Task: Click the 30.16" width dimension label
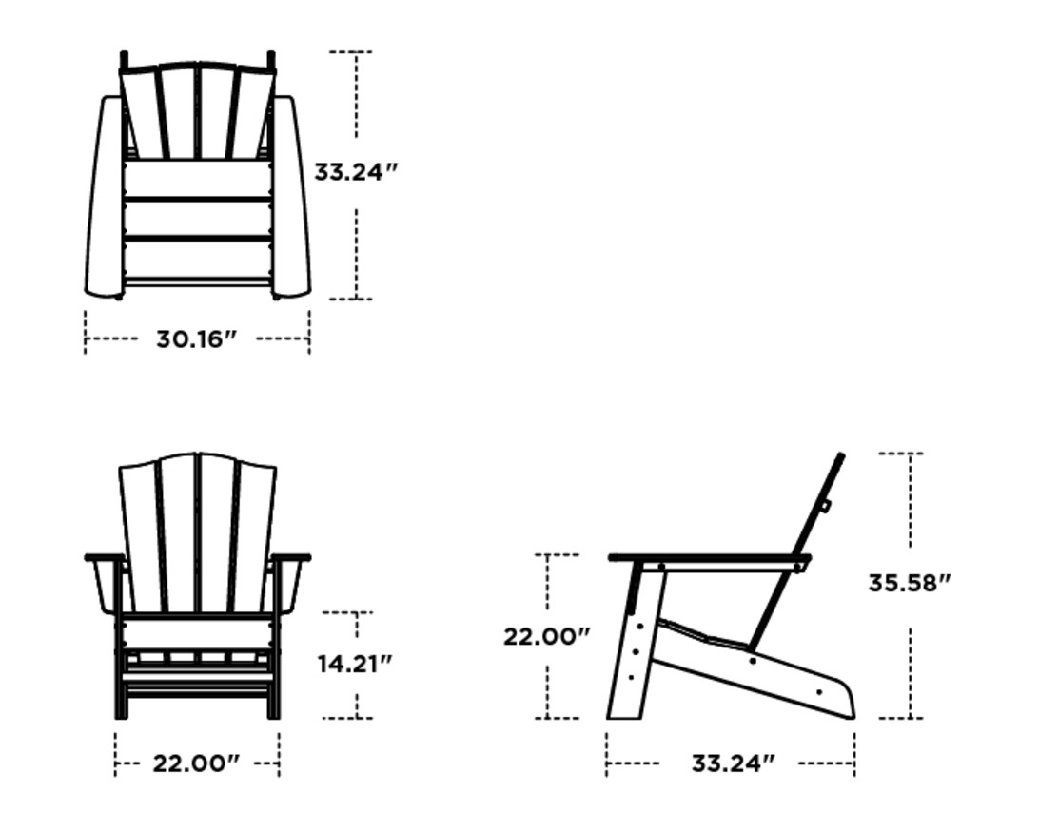pos(196,339)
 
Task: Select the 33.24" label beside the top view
pos(356,172)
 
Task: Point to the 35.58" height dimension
pos(909,583)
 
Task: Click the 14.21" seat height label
pos(355,664)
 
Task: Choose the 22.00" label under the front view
pos(196,763)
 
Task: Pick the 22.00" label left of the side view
pos(546,636)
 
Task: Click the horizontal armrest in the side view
pos(709,558)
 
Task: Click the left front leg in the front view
pos(121,675)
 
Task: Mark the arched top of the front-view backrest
pos(197,456)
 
